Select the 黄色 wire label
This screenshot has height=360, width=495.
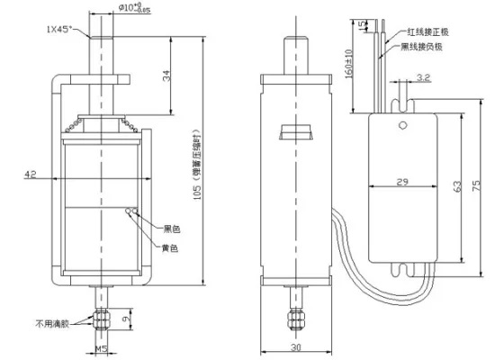[x=169, y=247]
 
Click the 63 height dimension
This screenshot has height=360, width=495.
[x=458, y=186]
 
